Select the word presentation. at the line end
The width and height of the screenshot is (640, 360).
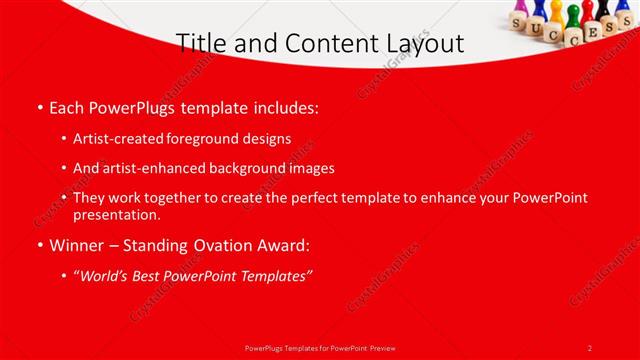pos(116,214)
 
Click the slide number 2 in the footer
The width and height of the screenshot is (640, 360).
pos(590,347)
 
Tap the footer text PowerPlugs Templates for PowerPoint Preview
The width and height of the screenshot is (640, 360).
pos(319,347)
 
